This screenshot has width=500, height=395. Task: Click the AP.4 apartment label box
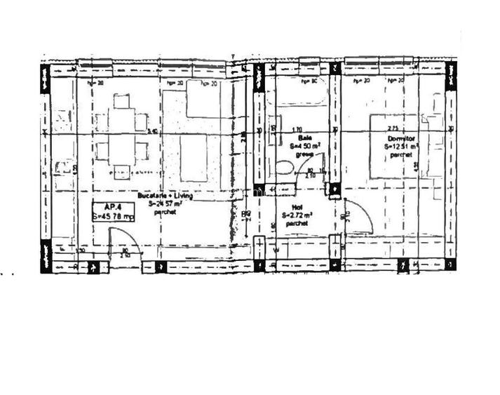click(x=113, y=212)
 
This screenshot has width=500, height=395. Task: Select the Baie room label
click(x=304, y=139)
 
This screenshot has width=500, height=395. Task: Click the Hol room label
click(x=298, y=208)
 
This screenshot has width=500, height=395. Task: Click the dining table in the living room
click(x=122, y=139)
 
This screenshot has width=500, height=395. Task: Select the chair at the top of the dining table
click(x=122, y=102)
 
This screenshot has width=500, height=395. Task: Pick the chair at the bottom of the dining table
click(x=122, y=171)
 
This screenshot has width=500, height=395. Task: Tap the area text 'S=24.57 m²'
click(x=165, y=204)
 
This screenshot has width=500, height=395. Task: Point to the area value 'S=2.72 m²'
click(x=298, y=215)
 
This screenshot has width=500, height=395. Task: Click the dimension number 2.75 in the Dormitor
click(x=393, y=130)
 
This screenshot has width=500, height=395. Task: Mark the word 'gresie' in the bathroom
click(x=303, y=154)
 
